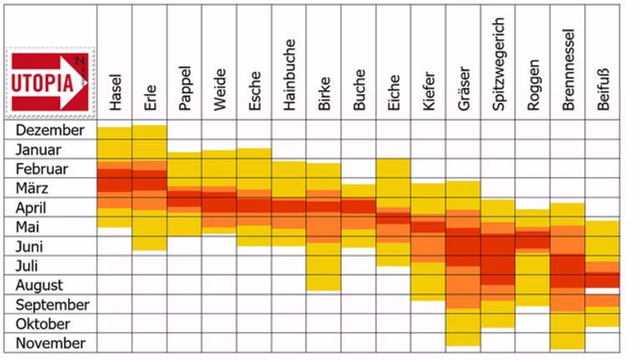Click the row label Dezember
pyautogui.click(x=50, y=131)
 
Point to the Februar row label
pyautogui.click(x=43, y=169)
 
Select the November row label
pyautogui.click(x=49, y=342)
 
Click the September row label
pyautogui.click(x=52, y=304)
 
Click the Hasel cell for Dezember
pyautogui.click(x=115, y=131)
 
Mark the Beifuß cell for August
pyautogui.click(x=602, y=285)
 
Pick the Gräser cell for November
pyautogui.click(x=462, y=342)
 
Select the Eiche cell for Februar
pyautogui.click(x=393, y=169)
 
